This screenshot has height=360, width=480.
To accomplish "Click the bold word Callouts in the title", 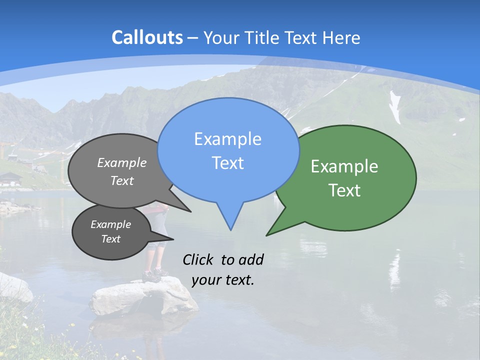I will point(147,37).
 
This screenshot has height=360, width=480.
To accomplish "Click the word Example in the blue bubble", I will point(227,139).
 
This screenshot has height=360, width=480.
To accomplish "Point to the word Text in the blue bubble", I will point(227,163).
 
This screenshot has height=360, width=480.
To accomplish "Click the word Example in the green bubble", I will point(344,166).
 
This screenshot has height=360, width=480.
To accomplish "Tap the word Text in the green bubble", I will point(344,190).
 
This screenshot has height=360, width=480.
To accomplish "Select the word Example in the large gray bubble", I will point(122,162).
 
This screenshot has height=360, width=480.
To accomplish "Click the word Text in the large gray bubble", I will point(122,180).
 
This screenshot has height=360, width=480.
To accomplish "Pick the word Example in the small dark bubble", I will point(110,224).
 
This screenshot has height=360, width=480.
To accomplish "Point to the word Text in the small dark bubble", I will point(110,239).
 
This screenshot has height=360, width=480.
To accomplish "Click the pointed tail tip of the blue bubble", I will point(230,229).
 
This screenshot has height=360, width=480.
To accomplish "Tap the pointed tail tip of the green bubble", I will point(267,234).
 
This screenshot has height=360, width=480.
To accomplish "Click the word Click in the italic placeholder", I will point(199,259).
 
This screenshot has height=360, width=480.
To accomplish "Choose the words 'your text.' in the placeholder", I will point(223,280).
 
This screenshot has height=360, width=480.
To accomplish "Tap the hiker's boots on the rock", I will point(154,274).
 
